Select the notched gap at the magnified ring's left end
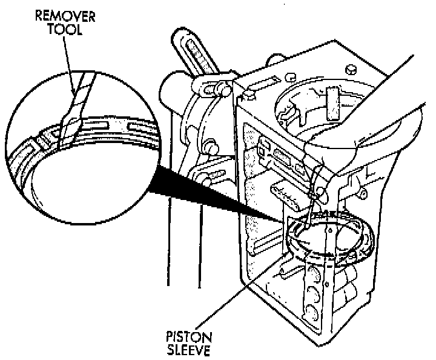coord(40,142)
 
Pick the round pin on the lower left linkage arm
coord(212,146)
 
